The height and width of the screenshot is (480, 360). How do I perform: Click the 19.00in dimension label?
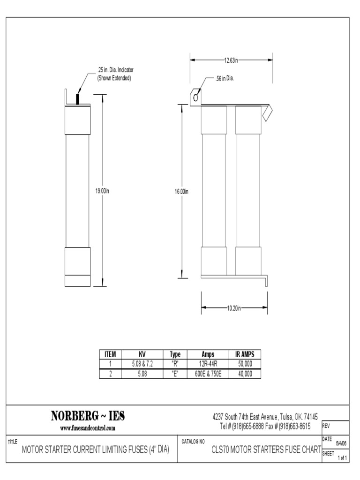point(102,191)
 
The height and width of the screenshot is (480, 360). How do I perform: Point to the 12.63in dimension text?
point(231,60)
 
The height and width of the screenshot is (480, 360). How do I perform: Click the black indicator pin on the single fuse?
point(77,99)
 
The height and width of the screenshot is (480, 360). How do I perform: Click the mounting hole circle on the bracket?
point(195,97)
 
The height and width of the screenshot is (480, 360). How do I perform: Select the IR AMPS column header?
point(244,355)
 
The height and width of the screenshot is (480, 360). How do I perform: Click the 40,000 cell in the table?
point(244,374)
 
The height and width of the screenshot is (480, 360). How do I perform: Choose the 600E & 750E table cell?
point(208,374)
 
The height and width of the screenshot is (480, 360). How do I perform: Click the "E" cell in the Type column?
point(175,374)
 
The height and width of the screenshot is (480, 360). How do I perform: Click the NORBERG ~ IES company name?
point(88,416)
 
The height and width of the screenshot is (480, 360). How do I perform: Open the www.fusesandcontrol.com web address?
point(88,427)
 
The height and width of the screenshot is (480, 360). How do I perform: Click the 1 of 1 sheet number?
point(342,458)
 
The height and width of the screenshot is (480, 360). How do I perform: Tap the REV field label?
point(327,426)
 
